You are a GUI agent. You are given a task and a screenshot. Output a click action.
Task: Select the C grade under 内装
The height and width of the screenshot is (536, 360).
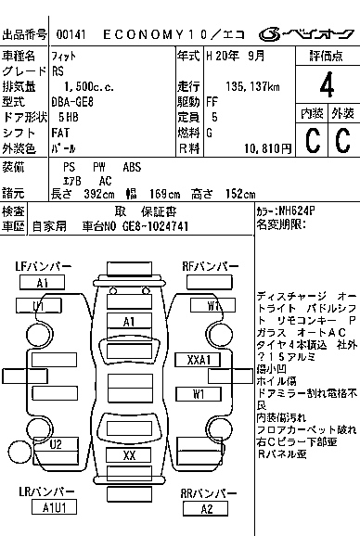click(312, 139)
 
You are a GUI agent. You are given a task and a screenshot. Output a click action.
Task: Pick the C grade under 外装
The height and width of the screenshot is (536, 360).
click(342, 139)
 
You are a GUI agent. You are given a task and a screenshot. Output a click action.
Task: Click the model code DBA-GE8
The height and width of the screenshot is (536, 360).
click(80, 101)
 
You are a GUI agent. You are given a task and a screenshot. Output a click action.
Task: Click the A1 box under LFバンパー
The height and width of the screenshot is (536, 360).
click(43, 283)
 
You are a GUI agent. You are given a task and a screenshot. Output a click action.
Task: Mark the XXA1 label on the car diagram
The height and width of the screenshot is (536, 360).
click(199, 359)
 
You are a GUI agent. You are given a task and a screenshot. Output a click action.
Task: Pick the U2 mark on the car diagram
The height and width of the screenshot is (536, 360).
click(56, 444)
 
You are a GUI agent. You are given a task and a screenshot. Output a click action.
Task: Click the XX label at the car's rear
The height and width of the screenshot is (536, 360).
click(130, 455)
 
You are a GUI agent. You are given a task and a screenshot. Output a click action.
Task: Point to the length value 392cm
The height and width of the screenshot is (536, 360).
click(87, 194)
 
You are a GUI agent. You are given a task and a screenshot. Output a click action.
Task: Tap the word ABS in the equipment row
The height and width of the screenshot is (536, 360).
click(132, 167)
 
